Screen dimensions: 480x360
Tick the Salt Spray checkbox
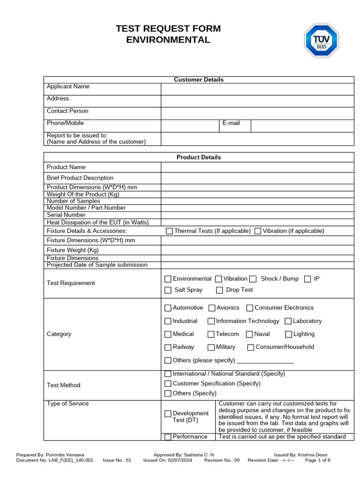pos(168,291)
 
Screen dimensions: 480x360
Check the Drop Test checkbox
pos(219,291)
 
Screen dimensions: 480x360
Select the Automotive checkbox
pos(168,308)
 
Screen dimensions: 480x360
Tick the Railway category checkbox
pos(168,347)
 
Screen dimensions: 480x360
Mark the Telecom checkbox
pos(211,334)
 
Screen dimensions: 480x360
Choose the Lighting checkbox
pos(288,334)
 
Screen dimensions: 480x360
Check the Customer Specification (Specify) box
pos(168,384)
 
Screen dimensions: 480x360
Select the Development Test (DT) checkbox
pos(168,414)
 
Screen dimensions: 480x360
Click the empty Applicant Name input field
pos(257,89)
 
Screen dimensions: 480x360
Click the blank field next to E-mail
pos(302,126)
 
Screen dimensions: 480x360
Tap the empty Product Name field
pos(257,167)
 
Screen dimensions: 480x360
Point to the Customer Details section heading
pos(199,80)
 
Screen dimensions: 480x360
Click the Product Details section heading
pos(199,157)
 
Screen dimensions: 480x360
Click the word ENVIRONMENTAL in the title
pos(168,40)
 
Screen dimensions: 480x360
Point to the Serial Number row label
pos(66,215)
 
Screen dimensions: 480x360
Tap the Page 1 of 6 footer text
pos(318,460)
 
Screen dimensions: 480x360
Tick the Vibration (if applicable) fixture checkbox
pos(257,231)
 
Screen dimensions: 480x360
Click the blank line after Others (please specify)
pos(265,360)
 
